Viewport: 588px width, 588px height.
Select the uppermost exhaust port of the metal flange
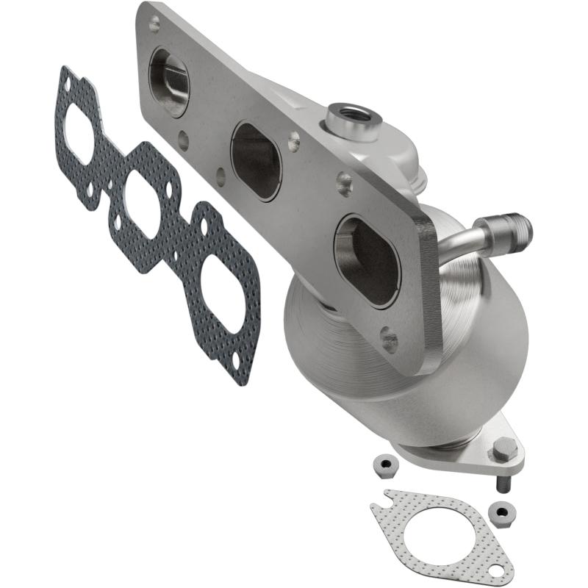pyautogui.click(x=168, y=81)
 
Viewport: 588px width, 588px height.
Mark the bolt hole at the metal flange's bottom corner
pyautogui.click(x=390, y=340)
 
